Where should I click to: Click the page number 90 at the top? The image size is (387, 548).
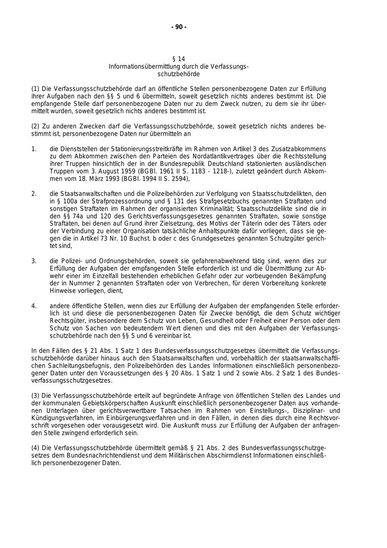point(179,27)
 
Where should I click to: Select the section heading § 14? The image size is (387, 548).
point(178,59)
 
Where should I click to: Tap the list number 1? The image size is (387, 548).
point(34,149)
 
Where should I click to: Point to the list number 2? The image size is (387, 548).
point(34,194)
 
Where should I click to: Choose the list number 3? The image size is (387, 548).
point(34,261)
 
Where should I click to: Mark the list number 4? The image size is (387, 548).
point(34,306)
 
